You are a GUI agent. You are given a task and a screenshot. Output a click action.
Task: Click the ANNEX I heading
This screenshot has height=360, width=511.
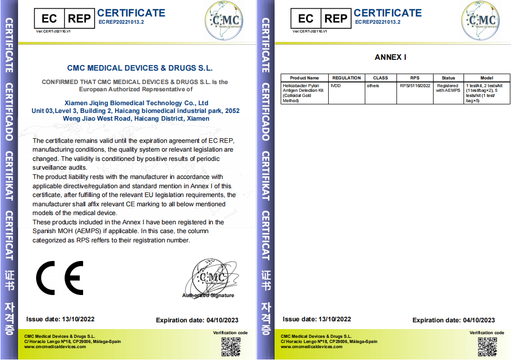tap(390, 57)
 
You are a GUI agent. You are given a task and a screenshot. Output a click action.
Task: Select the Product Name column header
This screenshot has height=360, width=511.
tap(305, 78)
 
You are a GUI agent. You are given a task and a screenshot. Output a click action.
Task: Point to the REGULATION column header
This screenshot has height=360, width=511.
tap(346, 78)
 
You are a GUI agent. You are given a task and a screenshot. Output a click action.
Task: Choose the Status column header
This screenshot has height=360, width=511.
tap(448, 78)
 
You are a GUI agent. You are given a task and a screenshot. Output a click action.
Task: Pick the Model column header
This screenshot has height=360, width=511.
tap(487, 78)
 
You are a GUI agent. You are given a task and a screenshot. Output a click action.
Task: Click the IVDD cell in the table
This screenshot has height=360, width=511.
tap(336, 86)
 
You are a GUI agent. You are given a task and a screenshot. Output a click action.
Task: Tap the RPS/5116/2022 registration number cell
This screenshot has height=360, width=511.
tap(414, 86)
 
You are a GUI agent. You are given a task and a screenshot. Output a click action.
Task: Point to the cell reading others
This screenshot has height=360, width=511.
tap(373, 86)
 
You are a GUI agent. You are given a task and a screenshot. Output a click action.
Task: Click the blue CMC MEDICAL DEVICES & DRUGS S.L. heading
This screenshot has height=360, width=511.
tap(140, 68)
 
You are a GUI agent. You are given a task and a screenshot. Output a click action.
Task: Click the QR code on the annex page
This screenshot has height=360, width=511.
tap(487, 346)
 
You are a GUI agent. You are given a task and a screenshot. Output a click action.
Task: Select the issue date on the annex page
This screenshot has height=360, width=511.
tap(317, 320)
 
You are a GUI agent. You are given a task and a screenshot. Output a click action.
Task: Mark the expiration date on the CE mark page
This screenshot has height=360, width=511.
tap(197, 320)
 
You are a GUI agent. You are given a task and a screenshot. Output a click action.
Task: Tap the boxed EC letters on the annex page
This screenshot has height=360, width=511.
tap(306, 19)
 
